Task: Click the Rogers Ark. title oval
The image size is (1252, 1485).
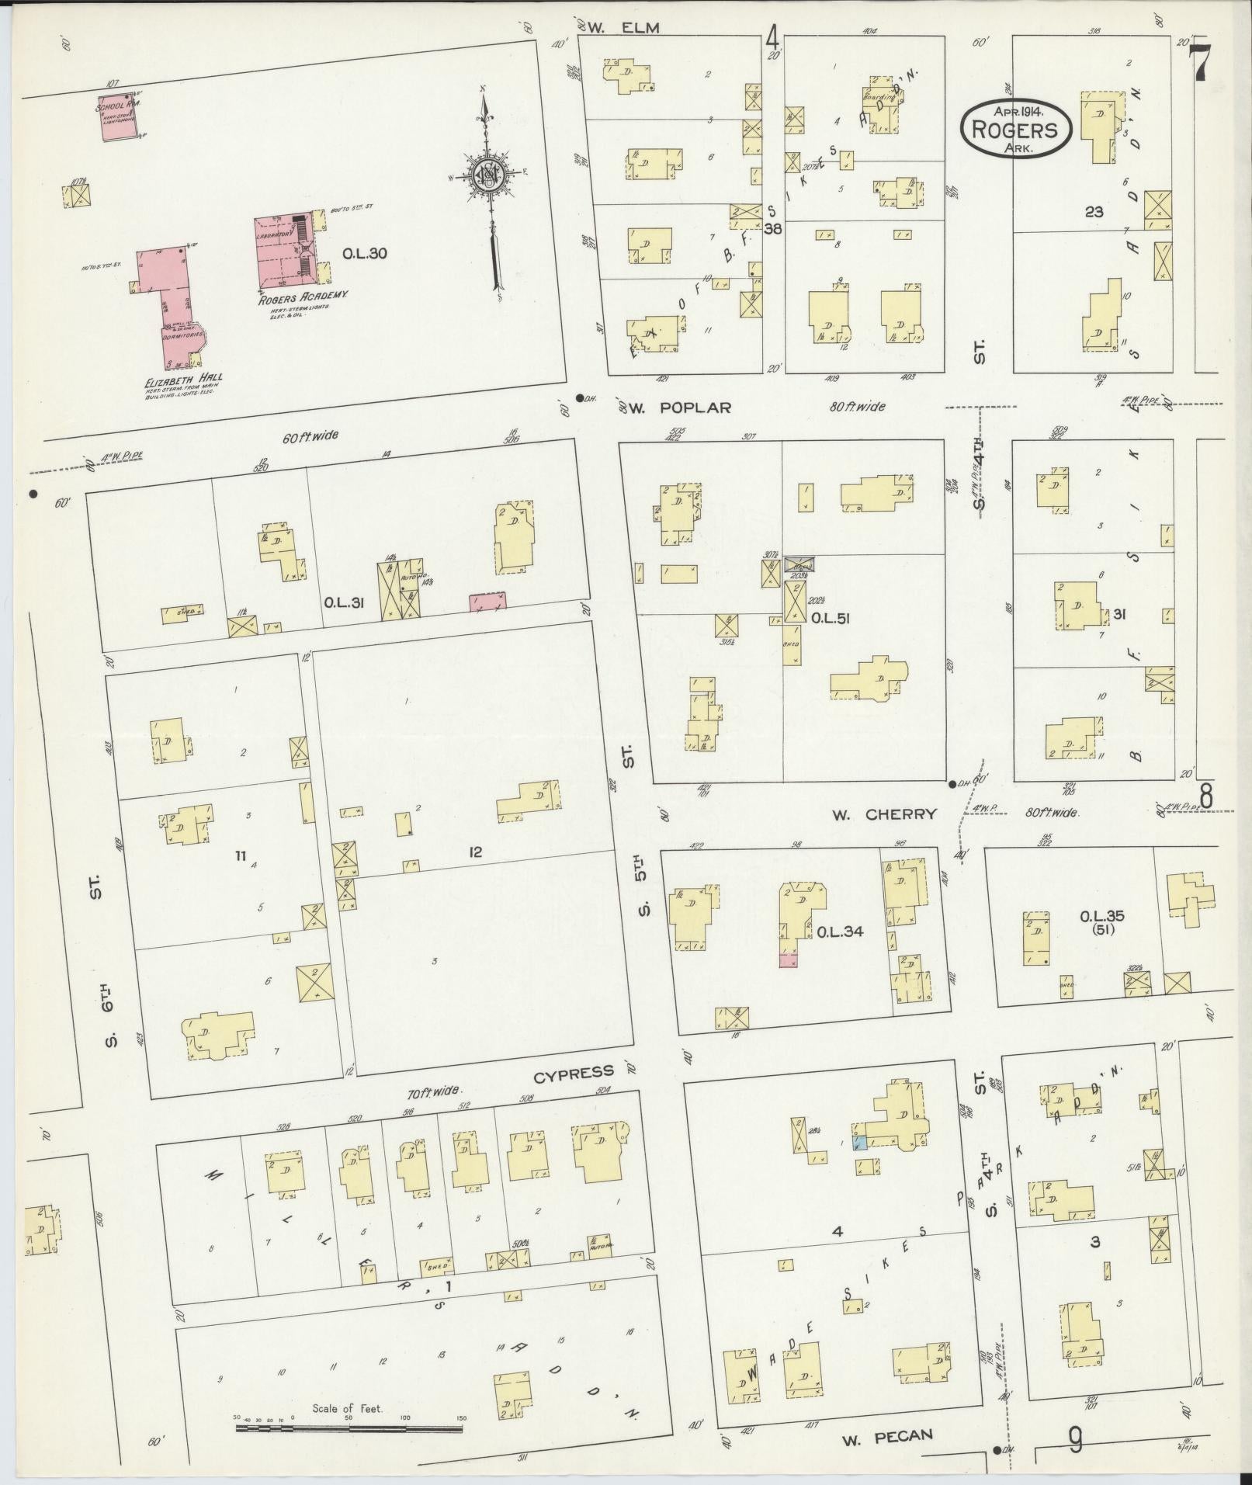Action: pos(1016,129)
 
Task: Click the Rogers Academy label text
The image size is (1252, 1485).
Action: pos(302,295)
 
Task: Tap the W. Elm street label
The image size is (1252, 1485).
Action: pos(623,28)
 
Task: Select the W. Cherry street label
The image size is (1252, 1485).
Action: pos(884,814)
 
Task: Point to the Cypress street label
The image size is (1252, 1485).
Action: pos(573,1074)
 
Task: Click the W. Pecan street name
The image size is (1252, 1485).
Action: pos(886,1436)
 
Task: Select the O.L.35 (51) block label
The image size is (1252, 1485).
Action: pos(1101,921)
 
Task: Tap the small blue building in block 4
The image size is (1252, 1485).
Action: pos(859,1143)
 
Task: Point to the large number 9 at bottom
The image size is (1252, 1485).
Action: pos(1075,1442)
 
